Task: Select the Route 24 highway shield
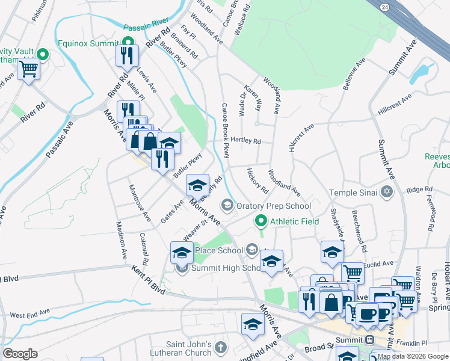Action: click(384, 7)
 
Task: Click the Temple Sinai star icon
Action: click(386, 192)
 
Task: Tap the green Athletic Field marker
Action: click(260, 221)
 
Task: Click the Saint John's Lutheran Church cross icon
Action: click(221, 348)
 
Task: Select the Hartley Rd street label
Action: click(248, 141)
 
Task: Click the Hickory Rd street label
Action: click(257, 181)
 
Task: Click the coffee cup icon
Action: click(367, 313)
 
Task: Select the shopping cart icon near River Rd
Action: click(28, 70)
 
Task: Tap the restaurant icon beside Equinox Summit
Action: click(127, 56)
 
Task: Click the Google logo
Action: click(20, 354)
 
